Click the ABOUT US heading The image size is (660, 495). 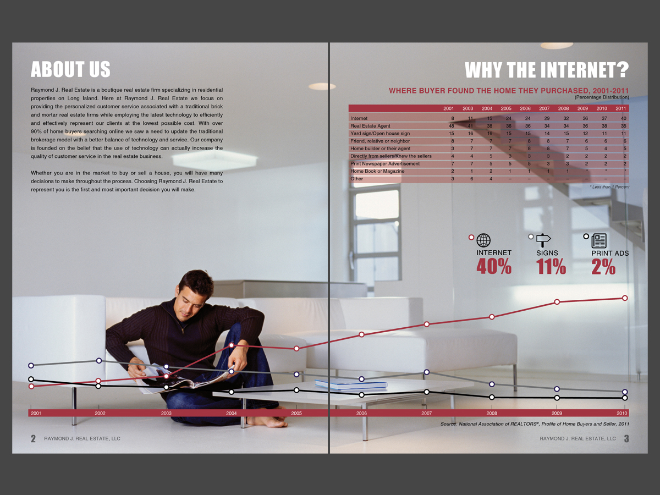pos(70,69)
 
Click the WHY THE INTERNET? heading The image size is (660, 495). pos(546,70)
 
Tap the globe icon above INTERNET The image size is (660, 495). pos(483,240)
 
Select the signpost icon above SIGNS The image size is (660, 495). pos(543,240)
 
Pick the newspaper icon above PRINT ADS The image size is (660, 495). pos(599,240)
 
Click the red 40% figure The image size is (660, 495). pos(493,267)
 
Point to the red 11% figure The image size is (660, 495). pos(551,267)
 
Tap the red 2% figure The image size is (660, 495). pos(603,267)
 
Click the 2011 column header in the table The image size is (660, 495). pos(620,108)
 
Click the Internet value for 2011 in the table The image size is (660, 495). pos(623,118)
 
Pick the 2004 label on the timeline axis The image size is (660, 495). pos(232,413)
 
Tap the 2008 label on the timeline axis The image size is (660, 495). pos(492,413)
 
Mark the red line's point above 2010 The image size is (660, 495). pos(625,298)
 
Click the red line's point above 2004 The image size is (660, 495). pos(232,345)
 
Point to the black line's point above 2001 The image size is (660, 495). pos(31,380)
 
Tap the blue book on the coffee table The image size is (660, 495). pos(343,384)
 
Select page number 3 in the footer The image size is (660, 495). pos(626,439)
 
